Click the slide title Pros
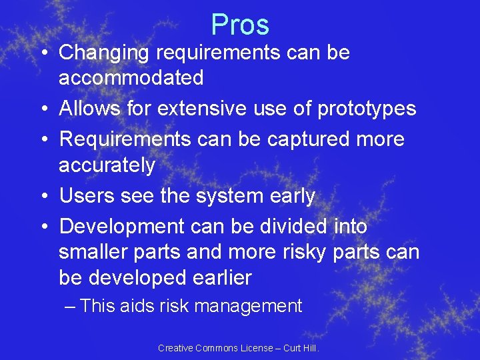pos(240,25)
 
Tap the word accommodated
pos(131,78)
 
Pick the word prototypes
pos(367,108)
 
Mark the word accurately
pos(107,165)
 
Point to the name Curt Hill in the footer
pos(302,348)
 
